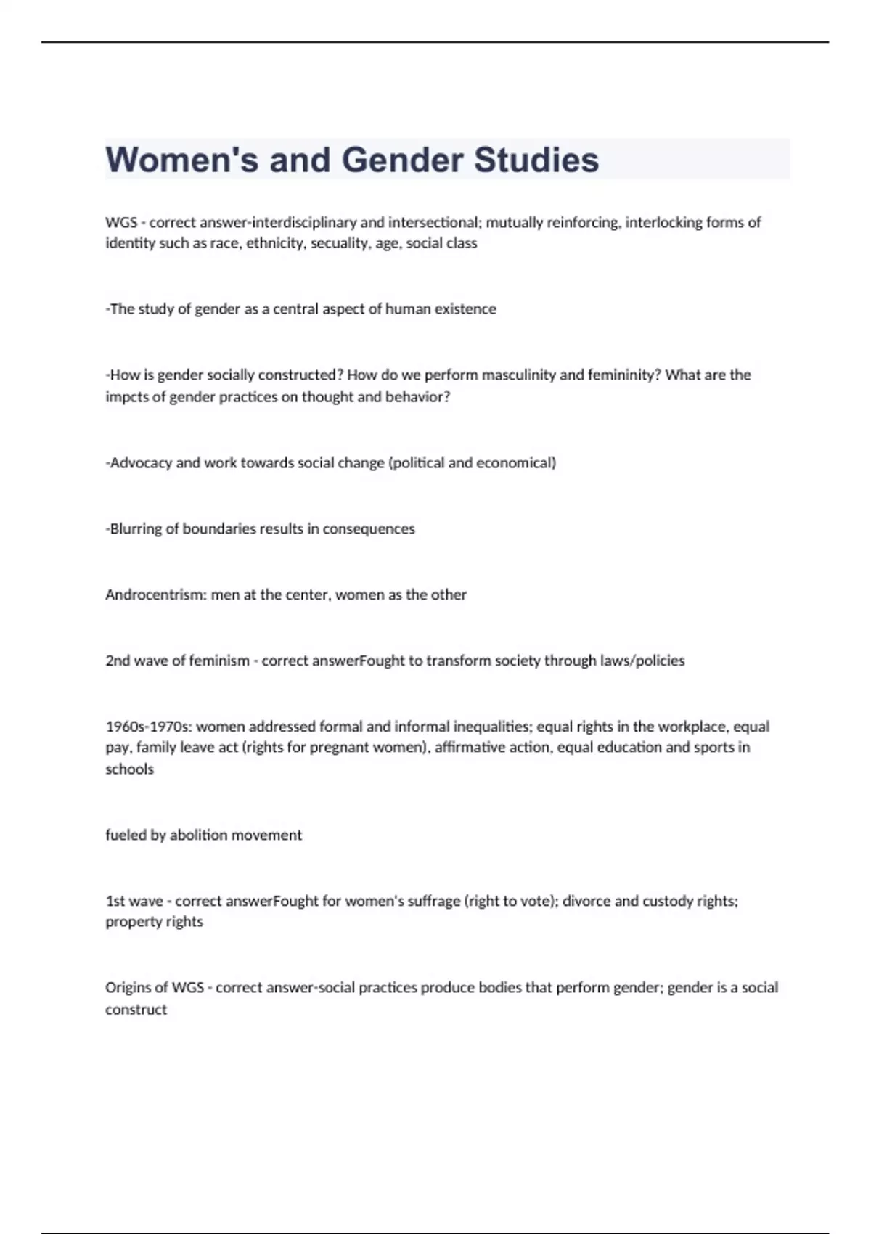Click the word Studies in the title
click(x=536, y=160)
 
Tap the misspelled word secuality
click(x=340, y=243)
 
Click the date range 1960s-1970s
click(x=148, y=727)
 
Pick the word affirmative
click(x=471, y=748)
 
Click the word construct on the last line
click(x=136, y=1010)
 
